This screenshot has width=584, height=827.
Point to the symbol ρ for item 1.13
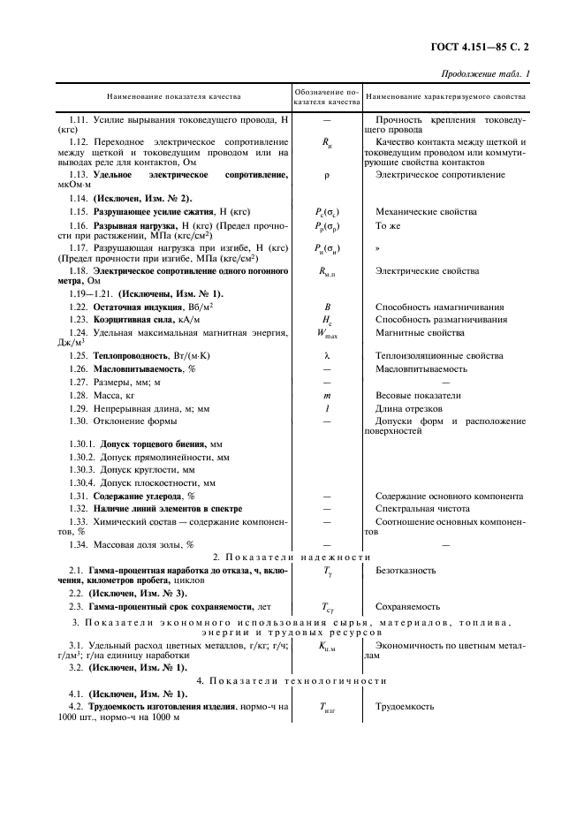[326, 177]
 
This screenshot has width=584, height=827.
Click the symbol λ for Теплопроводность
[326, 355]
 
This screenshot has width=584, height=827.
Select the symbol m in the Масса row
[326, 396]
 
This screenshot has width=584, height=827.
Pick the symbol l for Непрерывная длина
[326, 409]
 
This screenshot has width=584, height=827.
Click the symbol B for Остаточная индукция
[326, 306]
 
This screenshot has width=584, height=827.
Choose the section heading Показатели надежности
[292, 557]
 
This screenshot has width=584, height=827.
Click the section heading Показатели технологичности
[292, 681]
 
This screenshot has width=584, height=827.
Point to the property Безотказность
[406, 571]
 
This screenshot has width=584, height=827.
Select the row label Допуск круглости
[147, 470]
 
